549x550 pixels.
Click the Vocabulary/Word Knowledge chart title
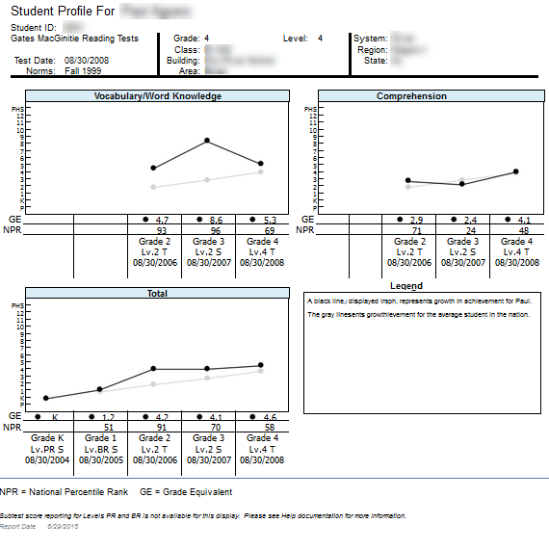(157, 96)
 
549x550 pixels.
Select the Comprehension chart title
(411, 96)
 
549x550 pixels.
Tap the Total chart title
(157, 294)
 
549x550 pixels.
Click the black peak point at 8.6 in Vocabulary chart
(207, 141)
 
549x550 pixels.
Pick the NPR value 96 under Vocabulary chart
(216, 231)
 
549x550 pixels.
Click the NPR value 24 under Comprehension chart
(464, 231)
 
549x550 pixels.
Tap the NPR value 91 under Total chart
(163, 428)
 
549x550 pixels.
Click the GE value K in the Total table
(55, 417)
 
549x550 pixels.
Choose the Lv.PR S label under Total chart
(47, 449)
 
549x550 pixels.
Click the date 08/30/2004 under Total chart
(47, 459)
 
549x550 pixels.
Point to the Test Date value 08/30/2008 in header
(87, 60)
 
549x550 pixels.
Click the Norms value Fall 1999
(84, 70)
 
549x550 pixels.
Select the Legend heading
(407, 286)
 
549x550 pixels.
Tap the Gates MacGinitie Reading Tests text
(74, 39)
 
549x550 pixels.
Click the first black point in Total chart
(45, 398)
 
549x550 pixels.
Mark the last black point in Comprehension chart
(516, 171)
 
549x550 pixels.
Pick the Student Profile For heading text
(59, 11)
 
